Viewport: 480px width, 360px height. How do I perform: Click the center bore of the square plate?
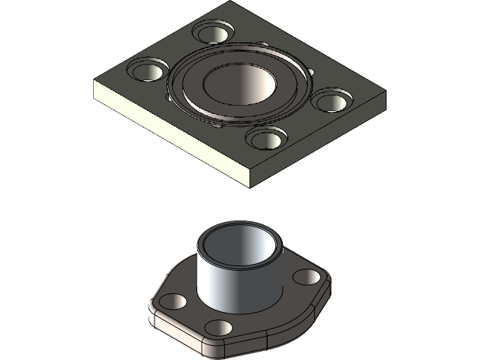pos(238,82)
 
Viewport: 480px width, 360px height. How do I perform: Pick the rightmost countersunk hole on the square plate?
pos(331,100)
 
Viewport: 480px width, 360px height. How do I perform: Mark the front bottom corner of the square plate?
pos(250,184)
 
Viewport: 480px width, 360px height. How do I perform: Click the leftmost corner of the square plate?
pos(93,84)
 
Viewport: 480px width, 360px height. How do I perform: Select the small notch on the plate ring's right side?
pos(308,70)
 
